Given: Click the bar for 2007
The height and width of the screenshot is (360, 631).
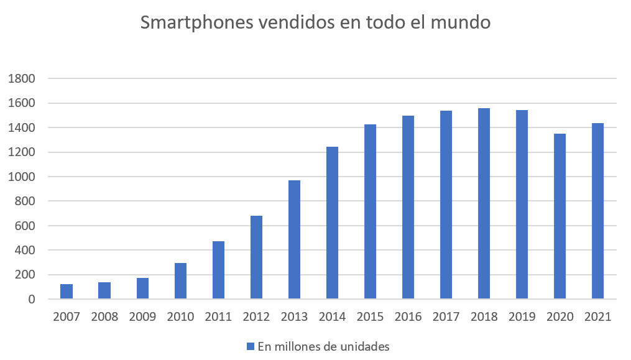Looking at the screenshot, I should [x=67, y=292].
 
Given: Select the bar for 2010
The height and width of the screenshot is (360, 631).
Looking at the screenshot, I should [x=180, y=281].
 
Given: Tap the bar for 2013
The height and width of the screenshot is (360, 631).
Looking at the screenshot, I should [x=295, y=240].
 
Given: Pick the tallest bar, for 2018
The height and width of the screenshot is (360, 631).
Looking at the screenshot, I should [x=484, y=204].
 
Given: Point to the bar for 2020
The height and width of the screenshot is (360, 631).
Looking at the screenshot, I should [x=560, y=216].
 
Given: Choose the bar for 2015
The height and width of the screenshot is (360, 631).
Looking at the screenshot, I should [x=370, y=212].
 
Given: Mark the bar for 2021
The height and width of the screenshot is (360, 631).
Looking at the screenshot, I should [x=597, y=211].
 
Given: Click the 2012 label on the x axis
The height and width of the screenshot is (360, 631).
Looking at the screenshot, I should [x=256, y=316].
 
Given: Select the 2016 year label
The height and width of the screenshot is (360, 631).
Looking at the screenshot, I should [x=408, y=316].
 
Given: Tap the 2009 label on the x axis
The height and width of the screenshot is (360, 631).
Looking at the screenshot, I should [x=142, y=316].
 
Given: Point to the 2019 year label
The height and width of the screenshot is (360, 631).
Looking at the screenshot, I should [x=522, y=316].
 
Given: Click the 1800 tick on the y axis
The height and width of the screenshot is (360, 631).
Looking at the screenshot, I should [x=22, y=79].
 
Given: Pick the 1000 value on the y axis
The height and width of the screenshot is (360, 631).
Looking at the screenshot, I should [x=22, y=177].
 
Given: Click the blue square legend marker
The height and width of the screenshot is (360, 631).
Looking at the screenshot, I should [x=251, y=346].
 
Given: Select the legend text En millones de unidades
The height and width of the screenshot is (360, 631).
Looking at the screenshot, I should [x=323, y=346].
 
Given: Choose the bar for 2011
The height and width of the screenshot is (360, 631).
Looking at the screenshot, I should [x=218, y=270].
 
